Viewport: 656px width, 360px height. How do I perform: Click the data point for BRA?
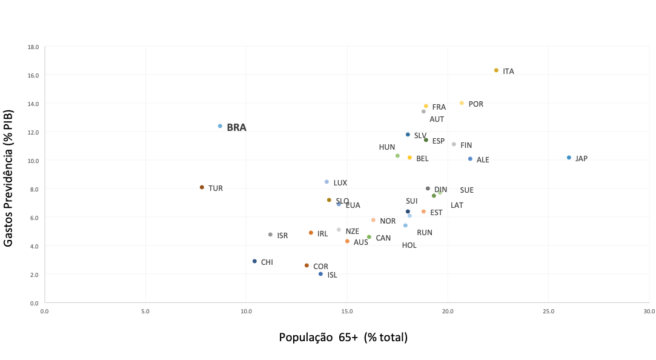click(x=220, y=126)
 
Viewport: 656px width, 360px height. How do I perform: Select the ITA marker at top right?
click(x=496, y=70)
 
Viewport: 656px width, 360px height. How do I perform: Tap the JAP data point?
click(x=569, y=158)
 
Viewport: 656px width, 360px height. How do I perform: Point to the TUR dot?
click(x=202, y=187)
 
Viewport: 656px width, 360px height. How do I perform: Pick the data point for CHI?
click(x=254, y=261)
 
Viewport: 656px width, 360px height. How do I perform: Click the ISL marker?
click(x=320, y=274)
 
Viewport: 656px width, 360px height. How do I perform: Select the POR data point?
click(x=462, y=103)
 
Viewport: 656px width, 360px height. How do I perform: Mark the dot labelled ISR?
click(x=270, y=235)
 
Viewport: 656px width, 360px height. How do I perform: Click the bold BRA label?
click(x=236, y=128)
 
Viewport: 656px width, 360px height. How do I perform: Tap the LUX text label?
click(x=340, y=182)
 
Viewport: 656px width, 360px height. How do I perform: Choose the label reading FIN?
click(x=466, y=145)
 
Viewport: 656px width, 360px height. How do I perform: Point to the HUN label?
click(x=386, y=147)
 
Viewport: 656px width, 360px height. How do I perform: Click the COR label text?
click(x=320, y=266)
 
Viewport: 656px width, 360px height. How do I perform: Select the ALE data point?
click(x=470, y=159)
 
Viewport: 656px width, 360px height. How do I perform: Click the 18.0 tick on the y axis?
click(x=33, y=47)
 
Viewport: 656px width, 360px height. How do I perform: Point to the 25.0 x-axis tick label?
click(x=548, y=312)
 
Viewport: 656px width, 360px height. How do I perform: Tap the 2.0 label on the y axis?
click(x=35, y=275)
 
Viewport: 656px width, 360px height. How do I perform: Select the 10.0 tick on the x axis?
click(x=246, y=312)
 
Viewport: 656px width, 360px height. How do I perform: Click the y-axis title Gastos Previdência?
click(x=8, y=175)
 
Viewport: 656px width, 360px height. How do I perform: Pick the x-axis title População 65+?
click(x=343, y=337)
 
